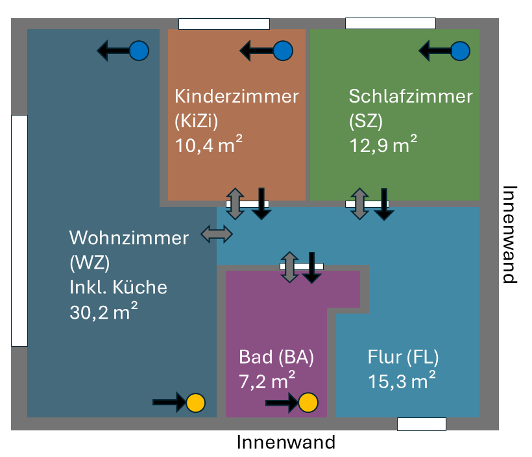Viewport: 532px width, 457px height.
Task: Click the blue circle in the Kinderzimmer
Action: (x=284, y=51)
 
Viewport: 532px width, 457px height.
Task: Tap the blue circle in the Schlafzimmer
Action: (x=459, y=51)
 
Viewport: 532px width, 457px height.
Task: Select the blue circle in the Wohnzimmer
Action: (x=139, y=51)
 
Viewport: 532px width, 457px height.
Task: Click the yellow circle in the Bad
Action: (x=308, y=403)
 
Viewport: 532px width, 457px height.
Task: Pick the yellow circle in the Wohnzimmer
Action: (x=195, y=403)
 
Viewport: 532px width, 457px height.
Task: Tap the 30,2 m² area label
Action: (x=103, y=312)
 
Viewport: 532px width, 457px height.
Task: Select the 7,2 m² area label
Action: (x=267, y=380)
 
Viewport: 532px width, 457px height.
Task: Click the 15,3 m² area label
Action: (x=401, y=380)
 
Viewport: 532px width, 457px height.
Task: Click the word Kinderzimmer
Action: (x=237, y=97)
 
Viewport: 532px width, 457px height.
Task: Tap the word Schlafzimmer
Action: (x=411, y=97)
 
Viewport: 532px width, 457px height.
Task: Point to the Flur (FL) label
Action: (x=403, y=357)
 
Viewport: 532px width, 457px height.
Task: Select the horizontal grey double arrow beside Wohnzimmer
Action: (x=217, y=234)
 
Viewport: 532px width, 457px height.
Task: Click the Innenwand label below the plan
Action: (x=286, y=443)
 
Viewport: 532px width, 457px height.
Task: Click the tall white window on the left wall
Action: (x=19, y=230)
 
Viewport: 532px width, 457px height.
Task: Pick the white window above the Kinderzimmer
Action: (x=224, y=24)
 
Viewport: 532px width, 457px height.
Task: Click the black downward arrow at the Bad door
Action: (x=313, y=267)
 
